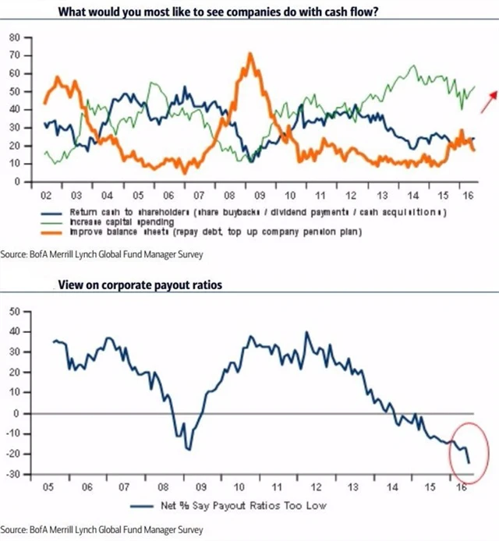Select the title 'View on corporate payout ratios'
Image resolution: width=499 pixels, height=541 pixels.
coord(140,285)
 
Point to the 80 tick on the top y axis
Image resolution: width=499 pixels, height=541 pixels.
coord(14,37)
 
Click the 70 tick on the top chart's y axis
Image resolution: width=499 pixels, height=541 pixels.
coord(14,55)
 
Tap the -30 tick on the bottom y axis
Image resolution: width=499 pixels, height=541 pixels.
coord(12,474)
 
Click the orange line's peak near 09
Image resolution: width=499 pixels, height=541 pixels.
coord(249,55)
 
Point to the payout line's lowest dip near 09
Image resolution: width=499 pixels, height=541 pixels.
coord(188,449)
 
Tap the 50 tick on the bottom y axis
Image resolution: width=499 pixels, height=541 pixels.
coord(14,312)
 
